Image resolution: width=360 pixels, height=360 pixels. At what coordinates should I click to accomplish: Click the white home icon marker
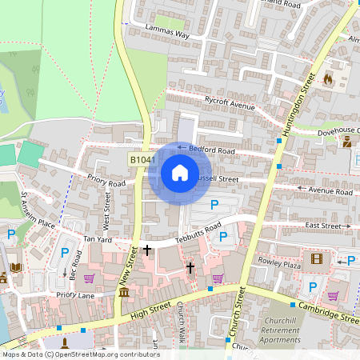[x=180, y=173]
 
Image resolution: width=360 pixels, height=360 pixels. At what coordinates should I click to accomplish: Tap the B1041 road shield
[x=142, y=161]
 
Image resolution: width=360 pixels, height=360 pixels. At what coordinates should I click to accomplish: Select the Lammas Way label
[x=166, y=31]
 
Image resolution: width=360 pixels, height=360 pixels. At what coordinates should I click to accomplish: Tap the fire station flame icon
[x=327, y=79]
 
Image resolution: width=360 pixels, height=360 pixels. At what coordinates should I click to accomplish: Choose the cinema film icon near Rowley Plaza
[x=316, y=258]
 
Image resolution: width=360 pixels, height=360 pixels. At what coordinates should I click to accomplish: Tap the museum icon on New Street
[x=123, y=294]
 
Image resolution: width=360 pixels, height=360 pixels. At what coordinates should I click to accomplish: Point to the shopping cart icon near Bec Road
[x=89, y=278]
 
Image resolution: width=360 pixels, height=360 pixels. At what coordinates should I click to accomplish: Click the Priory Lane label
[x=75, y=295]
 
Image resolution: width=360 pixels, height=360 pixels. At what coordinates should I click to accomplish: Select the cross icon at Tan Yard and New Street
[x=147, y=250]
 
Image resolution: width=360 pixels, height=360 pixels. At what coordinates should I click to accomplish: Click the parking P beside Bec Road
[x=64, y=253]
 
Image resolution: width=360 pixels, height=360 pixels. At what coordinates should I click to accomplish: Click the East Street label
[x=322, y=226]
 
